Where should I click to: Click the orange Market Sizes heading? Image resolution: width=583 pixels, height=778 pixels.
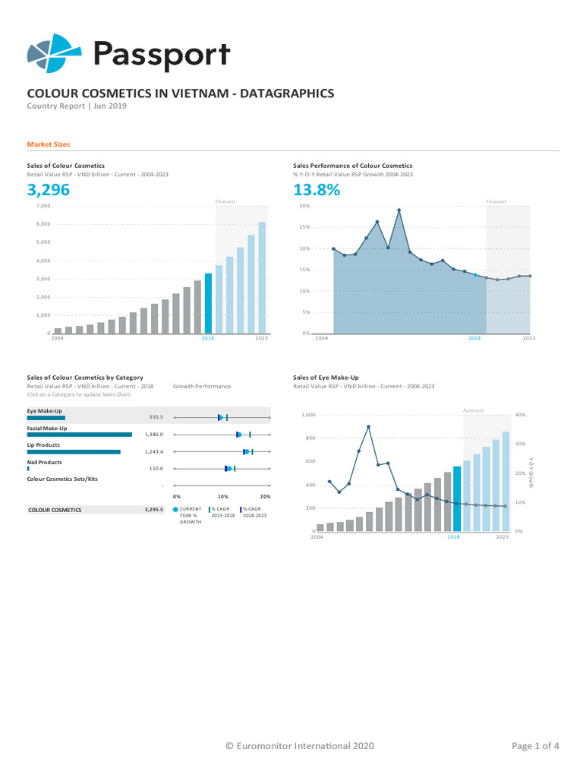[x=49, y=144]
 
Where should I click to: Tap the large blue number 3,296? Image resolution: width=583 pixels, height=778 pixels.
[x=49, y=191]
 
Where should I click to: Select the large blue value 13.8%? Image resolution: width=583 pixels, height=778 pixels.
[x=317, y=191]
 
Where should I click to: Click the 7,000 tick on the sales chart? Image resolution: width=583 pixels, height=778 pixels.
[x=42, y=206]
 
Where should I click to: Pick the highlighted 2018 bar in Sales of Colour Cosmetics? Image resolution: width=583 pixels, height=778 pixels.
[x=209, y=303]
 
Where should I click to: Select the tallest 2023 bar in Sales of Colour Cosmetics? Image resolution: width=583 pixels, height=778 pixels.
[x=262, y=277]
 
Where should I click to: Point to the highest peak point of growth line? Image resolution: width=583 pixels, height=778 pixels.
[x=399, y=210]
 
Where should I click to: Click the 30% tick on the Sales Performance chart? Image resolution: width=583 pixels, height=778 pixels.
[x=304, y=206]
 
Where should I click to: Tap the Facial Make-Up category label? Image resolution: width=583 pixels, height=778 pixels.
[x=47, y=429]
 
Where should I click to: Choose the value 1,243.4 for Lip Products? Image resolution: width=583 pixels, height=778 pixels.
[x=154, y=451]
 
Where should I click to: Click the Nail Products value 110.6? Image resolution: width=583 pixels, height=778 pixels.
[x=156, y=469]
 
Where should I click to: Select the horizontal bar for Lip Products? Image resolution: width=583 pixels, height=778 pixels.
[x=74, y=452]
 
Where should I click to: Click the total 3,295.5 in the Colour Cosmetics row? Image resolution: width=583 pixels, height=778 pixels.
[x=154, y=510]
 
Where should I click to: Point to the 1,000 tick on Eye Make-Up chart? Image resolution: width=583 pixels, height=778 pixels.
[x=307, y=415]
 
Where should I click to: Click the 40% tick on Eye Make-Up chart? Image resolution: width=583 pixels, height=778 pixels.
[x=520, y=415]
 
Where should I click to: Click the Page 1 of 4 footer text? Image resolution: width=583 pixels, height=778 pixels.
[x=536, y=746]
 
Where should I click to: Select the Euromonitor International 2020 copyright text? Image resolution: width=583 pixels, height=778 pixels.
[x=300, y=746]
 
